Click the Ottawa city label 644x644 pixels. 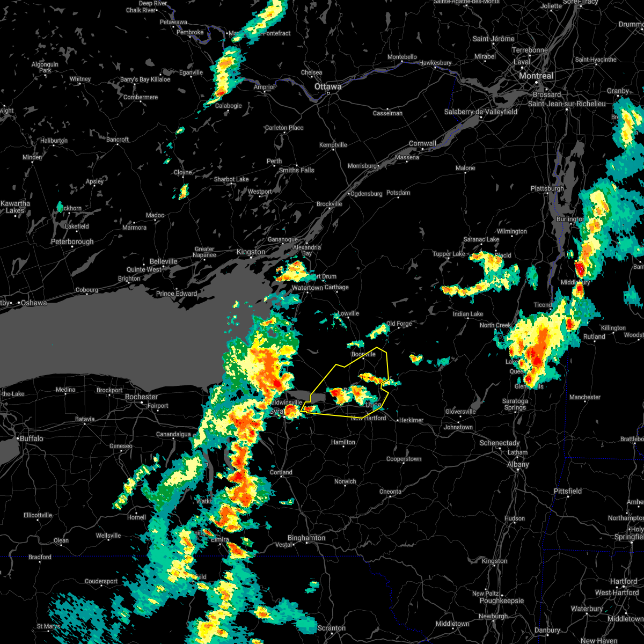click(x=328, y=86)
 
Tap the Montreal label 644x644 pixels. click(x=536, y=76)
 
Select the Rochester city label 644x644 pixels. click(x=141, y=397)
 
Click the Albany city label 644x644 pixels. click(x=518, y=464)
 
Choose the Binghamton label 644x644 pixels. click(x=306, y=538)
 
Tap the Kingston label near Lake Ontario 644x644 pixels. click(x=251, y=252)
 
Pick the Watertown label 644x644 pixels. click(x=308, y=288)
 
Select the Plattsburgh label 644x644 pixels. click(x=547, y=188)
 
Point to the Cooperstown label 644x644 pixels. click(x=404, y=459)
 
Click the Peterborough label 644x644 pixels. click(x=72, y=241)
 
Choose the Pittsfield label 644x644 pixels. click(x=568, y=491)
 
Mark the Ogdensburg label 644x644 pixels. click(x=366, y=194)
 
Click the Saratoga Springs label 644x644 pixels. click(x=515, y=405)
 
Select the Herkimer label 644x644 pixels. click(x=411, y=420)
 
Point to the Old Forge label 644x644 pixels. click(x=399, y=324)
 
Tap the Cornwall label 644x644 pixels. click(x=422, y=143)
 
